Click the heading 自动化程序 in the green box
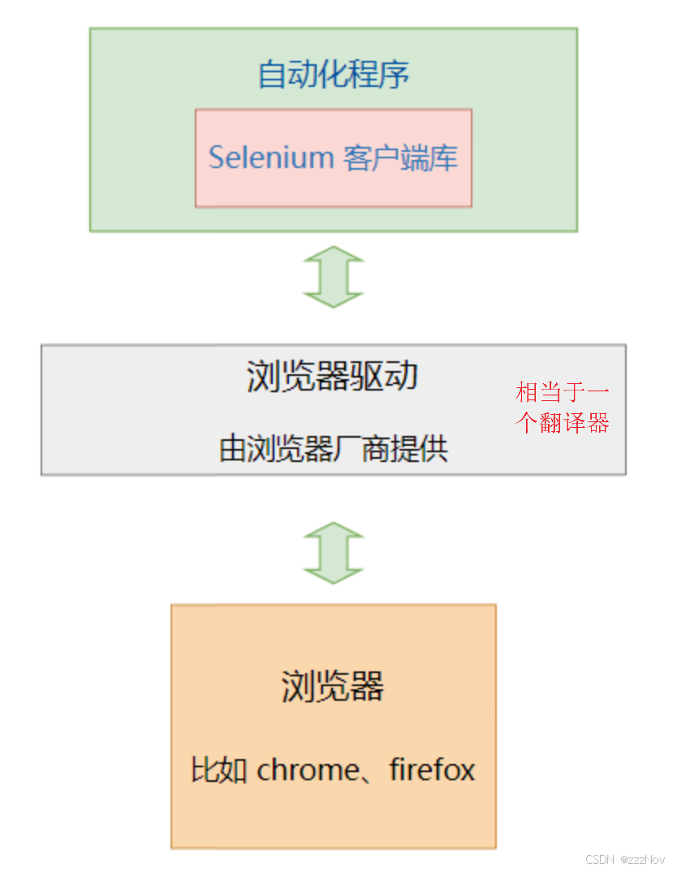(333, 75)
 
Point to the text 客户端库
(400, 157)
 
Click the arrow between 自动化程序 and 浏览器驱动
(333, 277)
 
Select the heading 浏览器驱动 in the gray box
(332, 377)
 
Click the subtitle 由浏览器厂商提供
(333, 448)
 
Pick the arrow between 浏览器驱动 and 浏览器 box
(333, 553)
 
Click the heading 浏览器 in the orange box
(333, 686)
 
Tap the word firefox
(432, 770)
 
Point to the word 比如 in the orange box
(218, 770)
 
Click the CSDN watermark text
(599, 859)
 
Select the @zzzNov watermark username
(642, 859)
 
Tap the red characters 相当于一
(562, 393)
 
